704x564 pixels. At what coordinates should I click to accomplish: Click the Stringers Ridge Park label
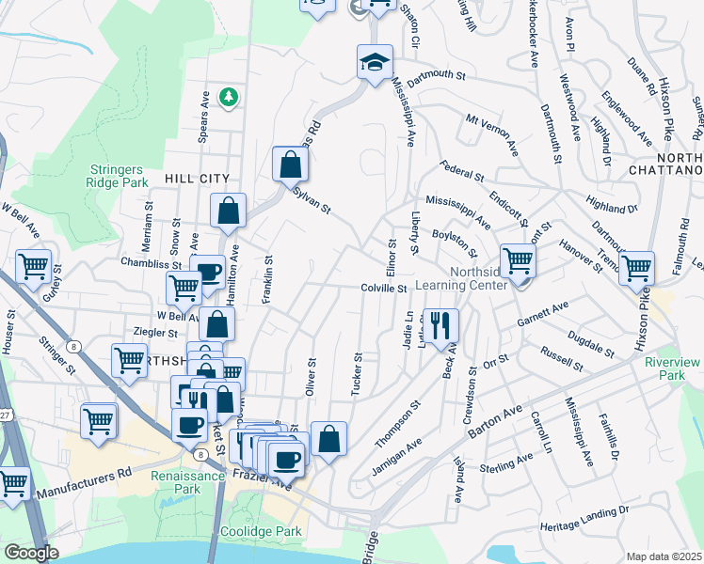click(x=120, y=176)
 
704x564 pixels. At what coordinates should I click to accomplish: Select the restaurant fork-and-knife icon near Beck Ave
click(x=440, y=325)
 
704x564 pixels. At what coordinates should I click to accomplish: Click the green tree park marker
click(x=228, y=96)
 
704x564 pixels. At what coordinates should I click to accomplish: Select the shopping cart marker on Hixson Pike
click(x=637, y=268)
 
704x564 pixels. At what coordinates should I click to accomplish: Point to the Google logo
click(x=30, y=553)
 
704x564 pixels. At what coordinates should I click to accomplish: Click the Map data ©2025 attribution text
click(x=664, y=556)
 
